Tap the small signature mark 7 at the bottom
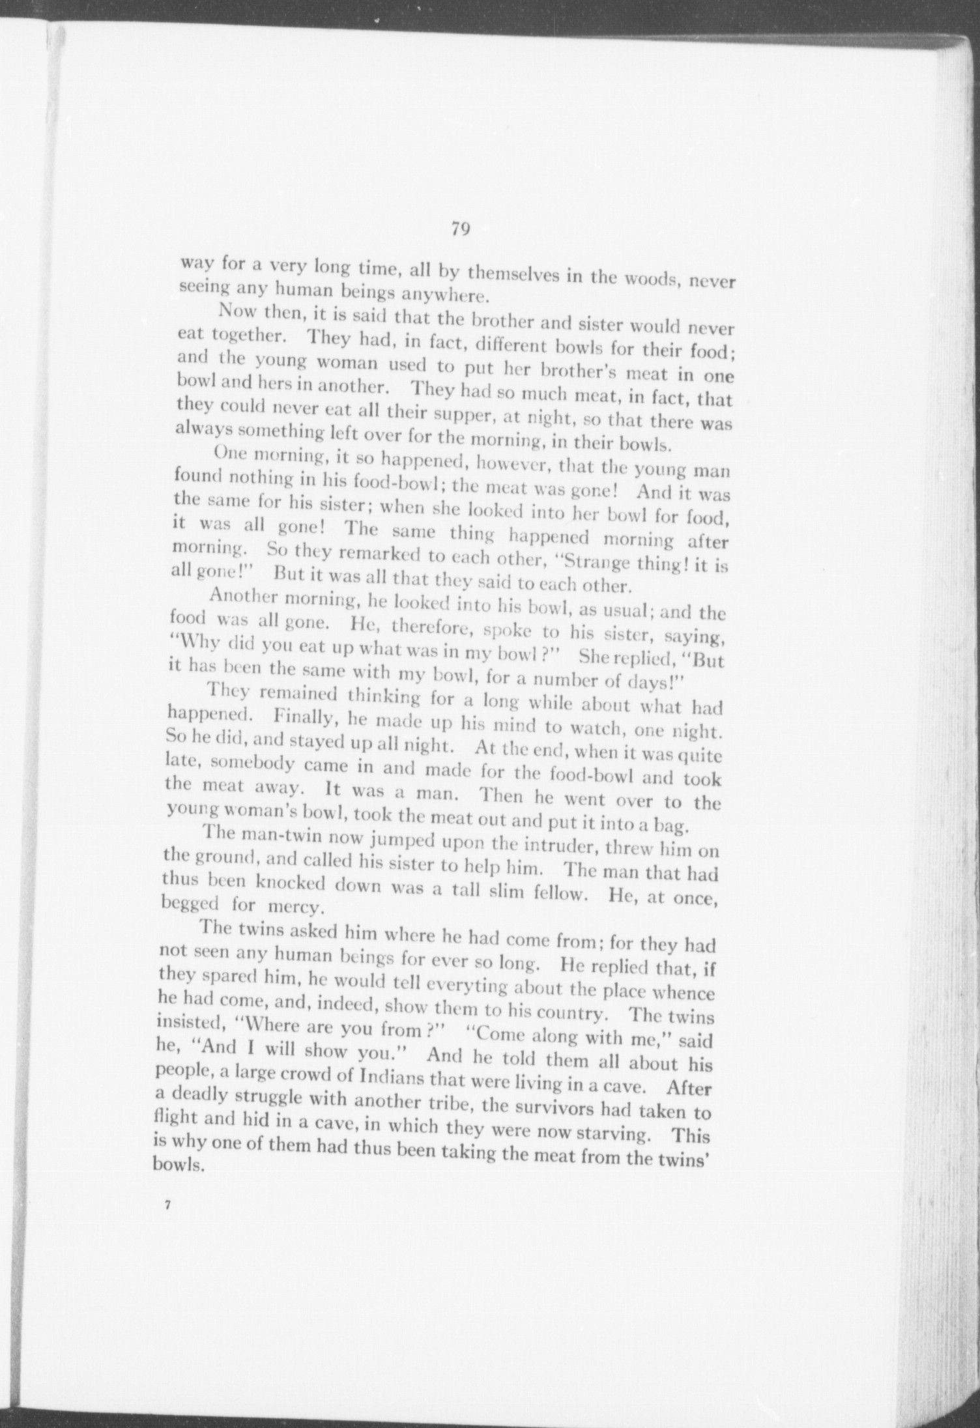(167, 1205)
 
